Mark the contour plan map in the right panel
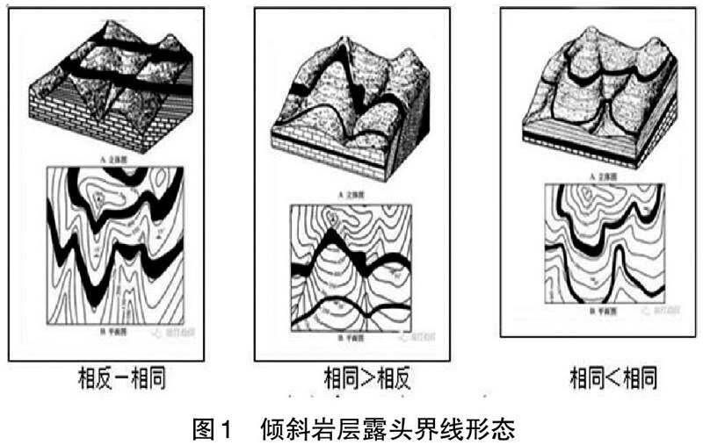600,246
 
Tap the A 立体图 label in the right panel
598,176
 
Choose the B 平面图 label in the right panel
598,312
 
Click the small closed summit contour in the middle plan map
330,217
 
